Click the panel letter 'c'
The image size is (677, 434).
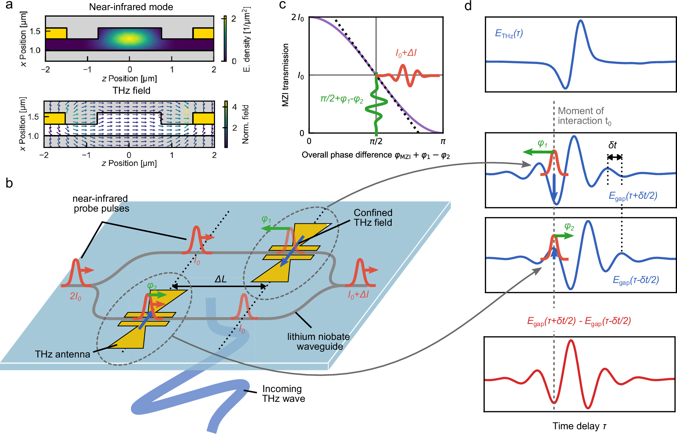pyautogui.click(x=282, y=5)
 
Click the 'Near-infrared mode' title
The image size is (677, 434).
pyautogui.click(x=131, y=7)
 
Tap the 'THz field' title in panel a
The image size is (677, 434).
pyautogui.click(x=131, y=90)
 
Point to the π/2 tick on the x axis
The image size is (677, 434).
pyautogui.click(x=376, y=141)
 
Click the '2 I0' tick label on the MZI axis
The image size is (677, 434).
pyautogui.click(x=298, y=17)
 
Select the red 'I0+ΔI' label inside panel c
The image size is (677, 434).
pyautogui.click(x=406, y=53)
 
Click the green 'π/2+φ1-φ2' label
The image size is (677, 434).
pyautogui.click(x=342, y=99)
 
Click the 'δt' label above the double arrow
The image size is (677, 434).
pyautogui.click(x=612, y=145)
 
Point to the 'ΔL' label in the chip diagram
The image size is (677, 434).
pyautogui.click(x=220, y=279)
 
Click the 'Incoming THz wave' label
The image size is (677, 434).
pyautogui.click(x=283, y=393)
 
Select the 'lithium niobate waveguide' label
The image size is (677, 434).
pyautogui.click(x=318, y=341)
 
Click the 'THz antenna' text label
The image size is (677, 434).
pyautogui.click(x=63, y=354)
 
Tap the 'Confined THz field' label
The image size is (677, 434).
pyautogui.click(x=373, y=217)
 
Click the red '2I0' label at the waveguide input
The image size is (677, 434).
pyautogui.click(x=75, y=296)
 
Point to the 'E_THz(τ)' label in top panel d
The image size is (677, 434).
pyautogui.click(x=509, y=33)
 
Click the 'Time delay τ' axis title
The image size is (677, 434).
pyautogui.click(x=579, y=426)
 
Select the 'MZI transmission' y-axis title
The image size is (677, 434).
pyautogui.click(x=285, y=75)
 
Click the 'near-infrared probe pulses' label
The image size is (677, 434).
pyautogui.click(x=101, y=203)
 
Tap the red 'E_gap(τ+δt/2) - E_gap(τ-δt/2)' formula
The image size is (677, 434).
pyautogui.click(x=579, y=321)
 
